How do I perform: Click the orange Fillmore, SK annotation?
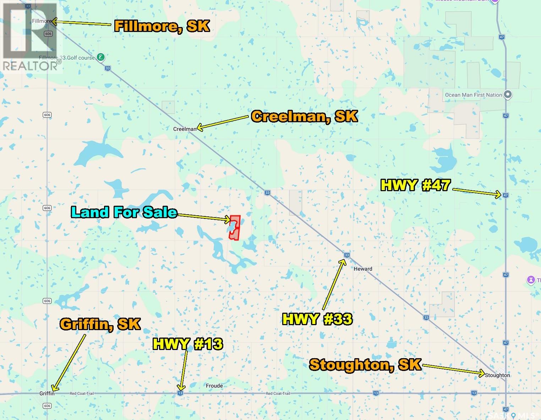[162, 26]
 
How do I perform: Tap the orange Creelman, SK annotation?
[304, 116]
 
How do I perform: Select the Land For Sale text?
[124, 212]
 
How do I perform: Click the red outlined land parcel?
[235, 228]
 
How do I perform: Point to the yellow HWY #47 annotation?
[415, 185]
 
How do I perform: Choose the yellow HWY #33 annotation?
[317, 319]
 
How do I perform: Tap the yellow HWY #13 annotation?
[188, 344]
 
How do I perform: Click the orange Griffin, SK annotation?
[100, 324]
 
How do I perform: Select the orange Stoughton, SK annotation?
[365, 365]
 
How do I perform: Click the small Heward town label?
[363, 269]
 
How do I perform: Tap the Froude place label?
[214, 386]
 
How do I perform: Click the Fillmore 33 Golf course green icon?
[101, 57]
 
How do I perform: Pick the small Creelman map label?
[185, 129]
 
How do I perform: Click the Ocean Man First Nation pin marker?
[508, 95]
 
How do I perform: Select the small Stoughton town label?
[497, 375]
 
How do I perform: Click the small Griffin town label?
[47, 393]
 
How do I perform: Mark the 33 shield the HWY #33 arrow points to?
[347, 255]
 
